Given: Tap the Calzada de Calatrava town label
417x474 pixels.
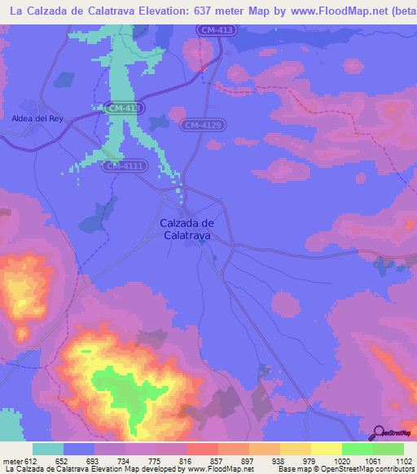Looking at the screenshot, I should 186,229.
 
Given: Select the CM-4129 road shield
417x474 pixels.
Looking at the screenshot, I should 203,125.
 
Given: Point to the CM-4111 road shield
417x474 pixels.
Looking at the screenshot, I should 123,166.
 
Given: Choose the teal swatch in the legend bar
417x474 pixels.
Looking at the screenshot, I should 48,449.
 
